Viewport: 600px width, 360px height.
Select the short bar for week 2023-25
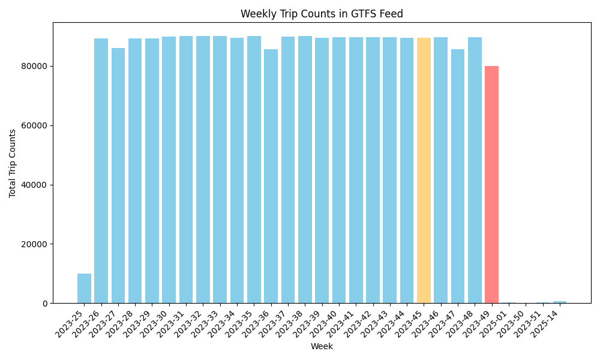point(84,289)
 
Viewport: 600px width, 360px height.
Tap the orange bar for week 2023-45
point(424,171)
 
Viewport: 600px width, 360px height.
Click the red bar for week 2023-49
point(491,185)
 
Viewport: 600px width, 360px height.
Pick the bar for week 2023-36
point(271,176)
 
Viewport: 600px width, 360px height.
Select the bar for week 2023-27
point(118,176)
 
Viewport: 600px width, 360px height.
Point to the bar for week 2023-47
point(458,176)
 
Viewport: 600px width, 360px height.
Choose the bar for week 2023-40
point(339,170)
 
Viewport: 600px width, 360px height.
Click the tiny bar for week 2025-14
point(559,302)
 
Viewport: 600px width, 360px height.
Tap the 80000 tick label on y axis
point(35,66)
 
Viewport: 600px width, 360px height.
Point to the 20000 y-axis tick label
point(35,244)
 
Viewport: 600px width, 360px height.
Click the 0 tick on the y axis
point(46,304)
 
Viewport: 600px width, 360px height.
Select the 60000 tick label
point(35,125)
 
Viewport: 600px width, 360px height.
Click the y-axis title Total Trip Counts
point(13,163)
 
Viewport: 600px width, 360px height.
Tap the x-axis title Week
point(322,346)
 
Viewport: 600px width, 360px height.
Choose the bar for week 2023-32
point(203,170)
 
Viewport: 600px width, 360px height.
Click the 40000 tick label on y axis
point(35,185)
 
